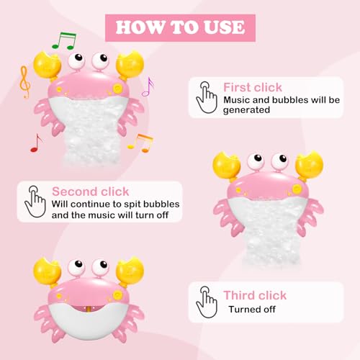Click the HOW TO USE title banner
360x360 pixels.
[180, 27]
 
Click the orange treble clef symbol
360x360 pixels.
[25, 82]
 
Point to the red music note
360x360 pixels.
[35, 143]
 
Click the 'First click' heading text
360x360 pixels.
[252, 87]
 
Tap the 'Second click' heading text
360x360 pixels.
[90, 192]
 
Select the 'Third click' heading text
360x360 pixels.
[254, 295]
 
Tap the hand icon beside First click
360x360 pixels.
[207, 97]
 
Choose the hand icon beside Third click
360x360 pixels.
[207, 301]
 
